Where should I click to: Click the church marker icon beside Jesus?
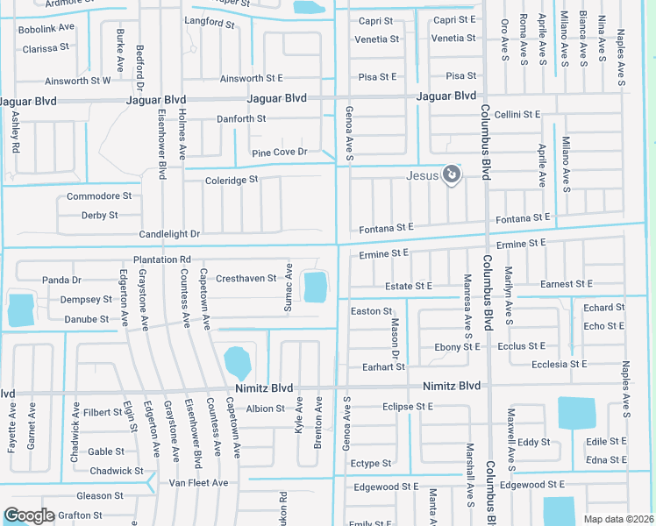click(451, 175)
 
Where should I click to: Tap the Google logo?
click(30, 515)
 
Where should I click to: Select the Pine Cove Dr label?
click(280, 153)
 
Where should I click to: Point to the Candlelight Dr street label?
click(169, 234)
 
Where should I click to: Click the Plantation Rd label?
click(162, 259)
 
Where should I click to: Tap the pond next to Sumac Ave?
click(315, 286)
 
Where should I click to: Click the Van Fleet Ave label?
click(198, 482)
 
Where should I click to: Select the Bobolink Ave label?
click(46, 29)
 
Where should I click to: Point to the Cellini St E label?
click(517, 115)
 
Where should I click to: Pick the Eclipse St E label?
click(408, 407)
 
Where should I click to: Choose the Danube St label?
click(87, 320)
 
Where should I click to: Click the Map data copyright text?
click(618, 519)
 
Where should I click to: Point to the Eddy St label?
click(533, 443)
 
